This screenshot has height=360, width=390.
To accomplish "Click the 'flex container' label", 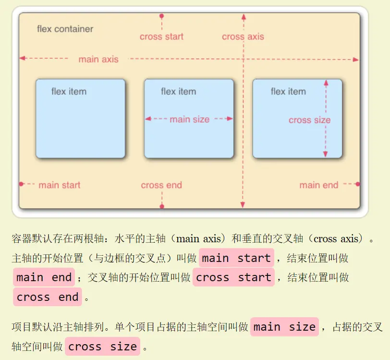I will (65, 29).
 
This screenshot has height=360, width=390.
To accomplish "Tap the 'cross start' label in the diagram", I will (161, 37).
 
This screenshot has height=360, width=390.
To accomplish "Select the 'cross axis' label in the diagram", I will (243, 37).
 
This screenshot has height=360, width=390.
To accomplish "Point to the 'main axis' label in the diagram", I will (98, 59).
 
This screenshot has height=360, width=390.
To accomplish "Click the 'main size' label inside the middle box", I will (189, 119).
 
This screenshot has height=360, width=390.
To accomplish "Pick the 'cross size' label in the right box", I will (309, 120).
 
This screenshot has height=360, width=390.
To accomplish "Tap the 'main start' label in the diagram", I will (59, 185).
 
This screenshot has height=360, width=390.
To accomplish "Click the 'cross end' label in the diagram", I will (161, 185).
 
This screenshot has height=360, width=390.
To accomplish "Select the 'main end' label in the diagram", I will (319, 185).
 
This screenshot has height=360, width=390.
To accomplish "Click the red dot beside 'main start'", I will (21, 184).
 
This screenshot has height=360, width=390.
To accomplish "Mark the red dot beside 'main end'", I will (358, 184).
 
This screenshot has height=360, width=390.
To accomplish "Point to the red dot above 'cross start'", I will (161, 16).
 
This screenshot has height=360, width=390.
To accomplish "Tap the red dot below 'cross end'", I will (161, 206).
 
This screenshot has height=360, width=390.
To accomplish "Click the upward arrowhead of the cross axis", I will (243, 17).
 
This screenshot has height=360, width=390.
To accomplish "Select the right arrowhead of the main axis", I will (355, 60).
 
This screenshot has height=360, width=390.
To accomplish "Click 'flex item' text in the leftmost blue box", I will (69, 91).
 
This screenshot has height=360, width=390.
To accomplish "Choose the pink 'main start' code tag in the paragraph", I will (236, 258).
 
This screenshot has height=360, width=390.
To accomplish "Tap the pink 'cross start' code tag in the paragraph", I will (233, 277).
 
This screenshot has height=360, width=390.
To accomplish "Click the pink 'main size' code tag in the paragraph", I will (284, 327).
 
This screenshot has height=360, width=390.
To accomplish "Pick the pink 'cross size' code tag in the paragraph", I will (103, 347).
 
